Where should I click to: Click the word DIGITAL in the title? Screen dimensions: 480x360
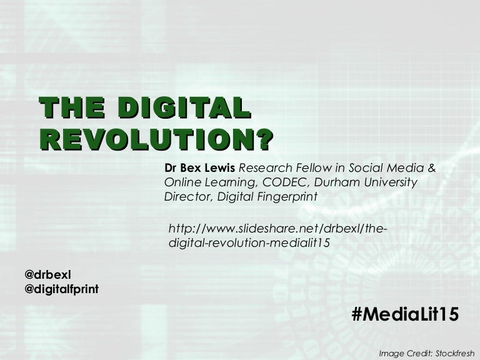184,107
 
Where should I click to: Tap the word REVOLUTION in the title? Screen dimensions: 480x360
146,139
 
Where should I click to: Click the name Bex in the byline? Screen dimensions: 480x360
188,168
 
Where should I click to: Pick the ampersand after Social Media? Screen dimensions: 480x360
431,168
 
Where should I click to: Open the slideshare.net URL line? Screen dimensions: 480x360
278,228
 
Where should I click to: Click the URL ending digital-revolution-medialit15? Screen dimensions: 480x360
249,243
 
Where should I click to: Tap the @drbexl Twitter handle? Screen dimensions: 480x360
47,274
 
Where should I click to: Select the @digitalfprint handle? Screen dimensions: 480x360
61,289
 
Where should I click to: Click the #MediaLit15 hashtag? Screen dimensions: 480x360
405,314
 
